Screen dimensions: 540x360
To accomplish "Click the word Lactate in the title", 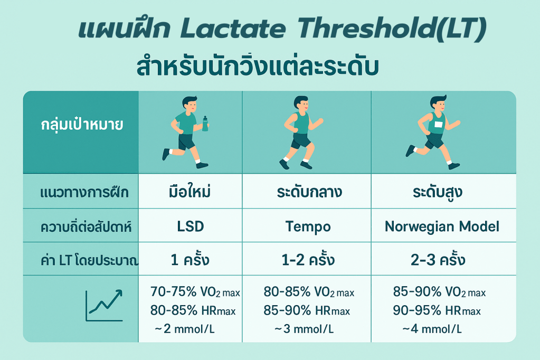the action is pos(233,29).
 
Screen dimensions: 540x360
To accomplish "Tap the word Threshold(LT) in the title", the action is pos(392,29).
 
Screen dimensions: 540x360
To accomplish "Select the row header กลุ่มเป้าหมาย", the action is pos(82,124).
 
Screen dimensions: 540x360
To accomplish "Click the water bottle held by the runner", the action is pos(205,124).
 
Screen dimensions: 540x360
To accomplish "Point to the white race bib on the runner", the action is pos(438,124).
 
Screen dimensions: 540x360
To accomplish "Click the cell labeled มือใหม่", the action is pos(190,191).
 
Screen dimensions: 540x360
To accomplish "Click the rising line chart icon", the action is pos(104,305).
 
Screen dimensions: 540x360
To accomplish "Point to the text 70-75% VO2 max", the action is pos(195,292).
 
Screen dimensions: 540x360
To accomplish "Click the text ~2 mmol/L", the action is pos(185,329).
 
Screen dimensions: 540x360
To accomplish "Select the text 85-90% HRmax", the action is pos(307,310).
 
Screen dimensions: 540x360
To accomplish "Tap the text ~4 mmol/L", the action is pos(432,329).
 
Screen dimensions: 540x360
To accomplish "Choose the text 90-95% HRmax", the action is pos(437,310).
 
